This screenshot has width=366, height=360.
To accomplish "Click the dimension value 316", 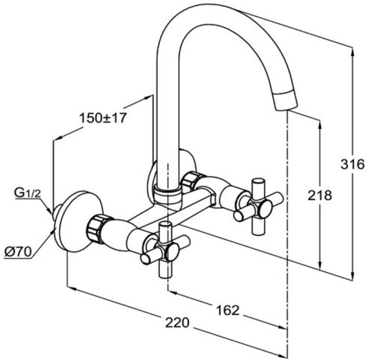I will [x=353, y=164].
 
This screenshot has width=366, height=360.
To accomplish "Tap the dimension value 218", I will [x=320, y=195].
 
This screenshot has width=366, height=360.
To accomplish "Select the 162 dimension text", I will [x=228, y=309].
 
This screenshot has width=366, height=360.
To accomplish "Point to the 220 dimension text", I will [x=178, y=322].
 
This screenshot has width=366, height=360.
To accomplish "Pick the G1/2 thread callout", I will [x=27, y=194].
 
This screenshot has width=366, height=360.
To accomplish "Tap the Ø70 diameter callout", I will [x=18, y=251].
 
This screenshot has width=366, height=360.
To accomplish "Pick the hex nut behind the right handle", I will [x=191, y=181].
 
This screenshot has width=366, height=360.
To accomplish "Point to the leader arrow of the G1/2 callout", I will [x=49, y=211].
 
